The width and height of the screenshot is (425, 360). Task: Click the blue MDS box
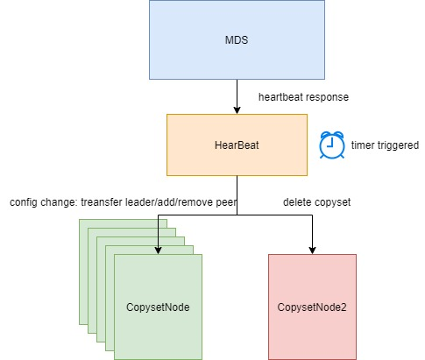[237, 39]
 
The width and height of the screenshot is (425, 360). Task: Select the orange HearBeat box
[237, 145]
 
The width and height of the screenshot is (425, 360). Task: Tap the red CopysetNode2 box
[312, 307]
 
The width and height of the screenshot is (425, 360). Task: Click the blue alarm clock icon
[332, 145]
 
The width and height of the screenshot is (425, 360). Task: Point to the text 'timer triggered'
[385, 145]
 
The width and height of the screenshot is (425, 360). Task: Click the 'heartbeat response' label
[303, 97]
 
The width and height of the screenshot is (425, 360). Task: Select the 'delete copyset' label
[317, 202]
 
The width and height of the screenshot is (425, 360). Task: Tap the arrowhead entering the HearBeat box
[237, 110]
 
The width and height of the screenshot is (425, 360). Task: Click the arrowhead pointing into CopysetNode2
[312, 251]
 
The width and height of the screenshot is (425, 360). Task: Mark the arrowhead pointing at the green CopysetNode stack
[158, 251]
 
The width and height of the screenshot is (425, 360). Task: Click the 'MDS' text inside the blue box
[237, 40]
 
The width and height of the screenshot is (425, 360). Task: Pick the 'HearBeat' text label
[237, 145]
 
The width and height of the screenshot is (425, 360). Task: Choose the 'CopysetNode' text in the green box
[158, 307]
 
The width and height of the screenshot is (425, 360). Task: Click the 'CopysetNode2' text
[312, 307]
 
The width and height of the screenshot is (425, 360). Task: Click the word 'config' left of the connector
[24, 202]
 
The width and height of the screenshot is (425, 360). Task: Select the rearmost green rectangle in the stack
[83, 272]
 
